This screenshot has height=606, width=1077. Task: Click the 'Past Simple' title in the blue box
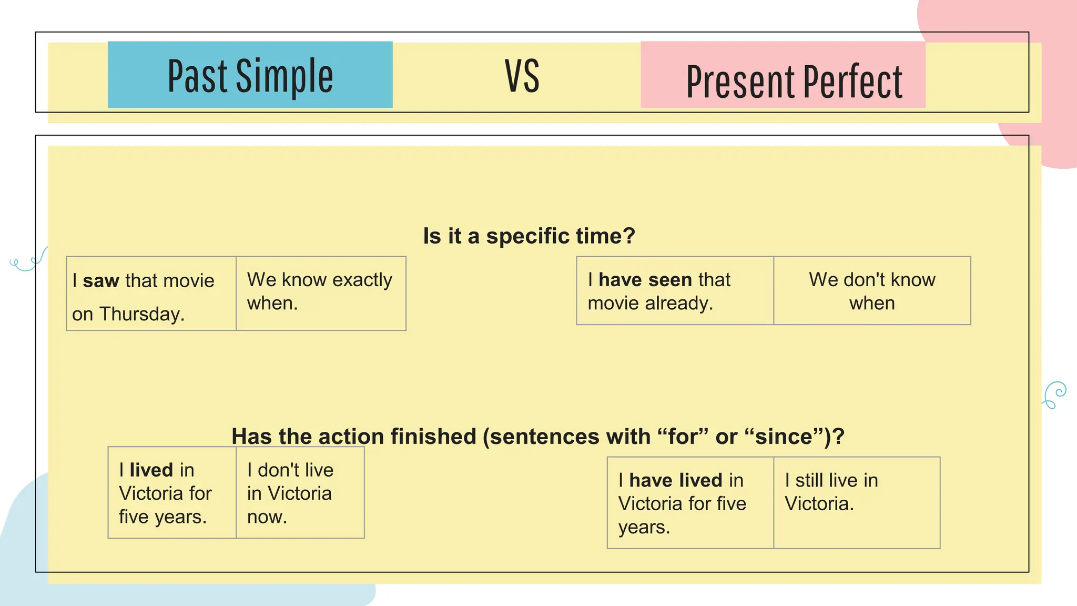(250, 76)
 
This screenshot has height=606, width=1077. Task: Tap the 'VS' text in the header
(522, 77)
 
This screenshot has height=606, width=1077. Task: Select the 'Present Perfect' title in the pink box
(794, 82)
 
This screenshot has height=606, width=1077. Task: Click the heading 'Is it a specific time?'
(529, 236)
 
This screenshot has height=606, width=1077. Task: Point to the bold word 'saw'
(101, 281)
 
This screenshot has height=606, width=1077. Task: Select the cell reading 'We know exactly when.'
(321, 292)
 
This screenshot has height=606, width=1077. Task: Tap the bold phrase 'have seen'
(645, 280)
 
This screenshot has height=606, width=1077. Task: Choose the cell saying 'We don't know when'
(872, 291)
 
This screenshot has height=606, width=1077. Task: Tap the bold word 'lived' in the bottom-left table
(151, 470)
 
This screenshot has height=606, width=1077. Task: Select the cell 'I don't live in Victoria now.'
(300, 493)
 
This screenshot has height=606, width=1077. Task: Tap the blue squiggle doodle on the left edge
(28, 261)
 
